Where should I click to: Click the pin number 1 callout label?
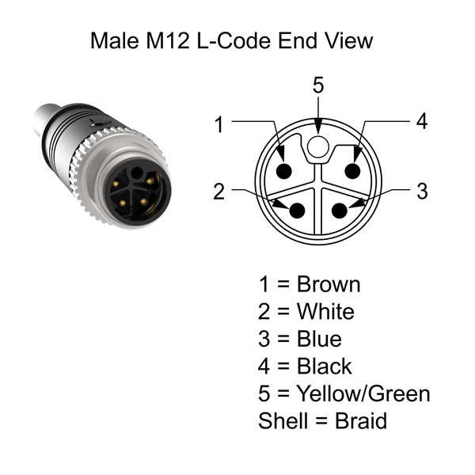(218, 123)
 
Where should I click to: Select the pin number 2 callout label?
(218, 191)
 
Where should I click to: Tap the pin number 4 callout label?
(422, 122)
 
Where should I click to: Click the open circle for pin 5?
(318, 145)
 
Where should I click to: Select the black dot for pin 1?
(286, 173)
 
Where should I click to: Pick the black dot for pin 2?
(298, 211)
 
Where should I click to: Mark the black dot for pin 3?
(339, 211)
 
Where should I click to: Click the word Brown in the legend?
(328, 284)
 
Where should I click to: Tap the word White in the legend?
(325, 311)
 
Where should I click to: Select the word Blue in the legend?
(319, 339)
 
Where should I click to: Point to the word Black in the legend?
(325, 366)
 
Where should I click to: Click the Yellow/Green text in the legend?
(363, 393)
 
